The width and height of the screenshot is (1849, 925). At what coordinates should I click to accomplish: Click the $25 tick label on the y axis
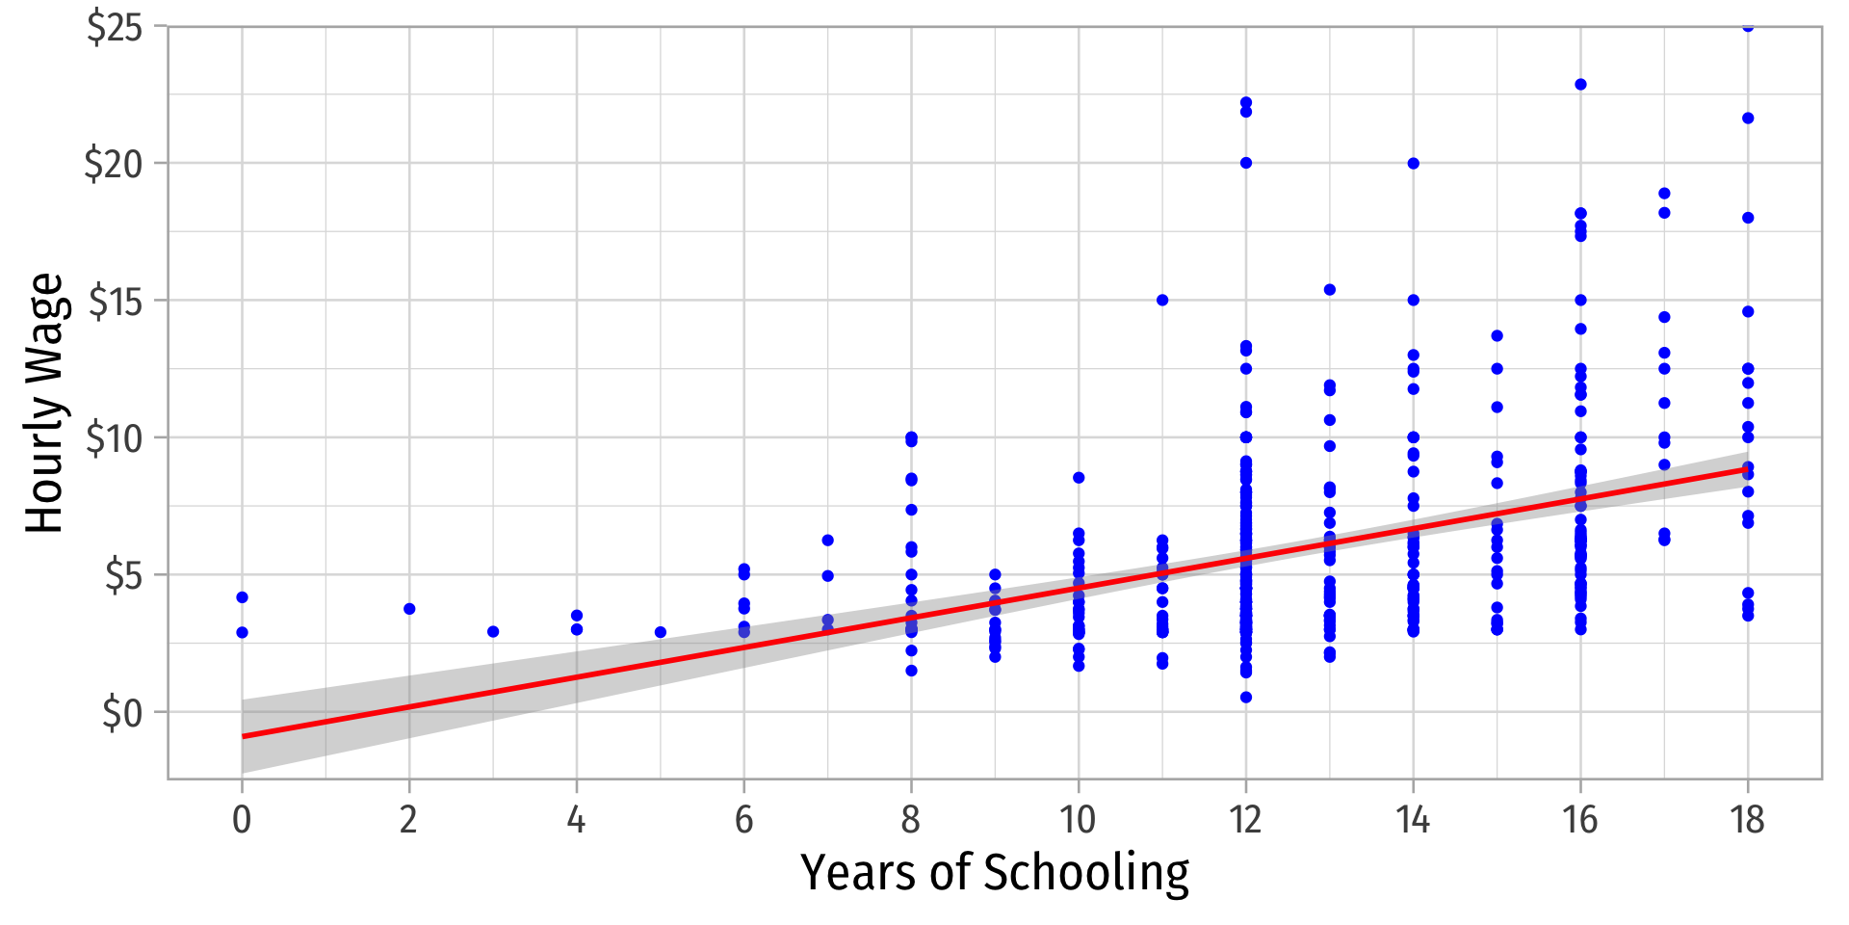114,28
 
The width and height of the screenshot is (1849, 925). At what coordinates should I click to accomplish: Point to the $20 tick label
114,165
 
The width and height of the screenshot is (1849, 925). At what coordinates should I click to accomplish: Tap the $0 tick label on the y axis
121,714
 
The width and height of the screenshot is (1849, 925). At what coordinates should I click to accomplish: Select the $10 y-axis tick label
114,439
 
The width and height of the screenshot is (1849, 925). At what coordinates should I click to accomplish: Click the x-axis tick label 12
1245,820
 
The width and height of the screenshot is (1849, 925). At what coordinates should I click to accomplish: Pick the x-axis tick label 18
1747,820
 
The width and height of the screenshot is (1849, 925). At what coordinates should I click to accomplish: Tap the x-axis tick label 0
242,820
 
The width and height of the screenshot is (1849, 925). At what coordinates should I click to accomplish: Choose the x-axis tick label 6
743,820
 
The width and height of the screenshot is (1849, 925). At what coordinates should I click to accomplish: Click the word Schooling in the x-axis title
1086,873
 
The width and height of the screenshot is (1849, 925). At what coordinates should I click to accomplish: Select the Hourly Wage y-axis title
44,403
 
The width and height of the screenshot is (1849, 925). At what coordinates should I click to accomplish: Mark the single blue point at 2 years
409,609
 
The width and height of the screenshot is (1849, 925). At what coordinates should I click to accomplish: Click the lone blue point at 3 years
493,632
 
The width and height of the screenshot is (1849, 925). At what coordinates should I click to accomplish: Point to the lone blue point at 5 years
661,632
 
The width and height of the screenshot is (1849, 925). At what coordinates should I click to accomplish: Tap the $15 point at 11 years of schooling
1162,301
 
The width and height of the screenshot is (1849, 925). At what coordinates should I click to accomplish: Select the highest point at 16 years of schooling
1580,85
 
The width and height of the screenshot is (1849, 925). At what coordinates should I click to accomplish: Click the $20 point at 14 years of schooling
1414,164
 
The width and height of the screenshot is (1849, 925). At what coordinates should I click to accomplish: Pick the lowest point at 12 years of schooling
1246,698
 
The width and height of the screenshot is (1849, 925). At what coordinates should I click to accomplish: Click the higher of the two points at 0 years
242,597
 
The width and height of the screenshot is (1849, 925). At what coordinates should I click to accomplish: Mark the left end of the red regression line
244,736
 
